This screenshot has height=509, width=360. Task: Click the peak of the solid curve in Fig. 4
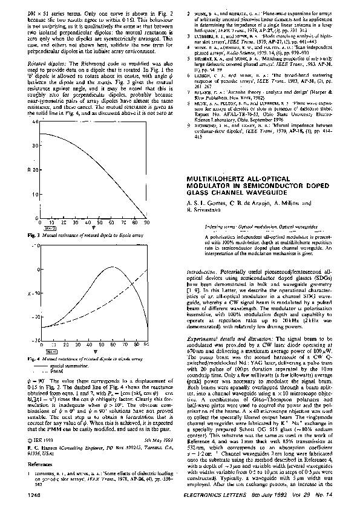[113, 267]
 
